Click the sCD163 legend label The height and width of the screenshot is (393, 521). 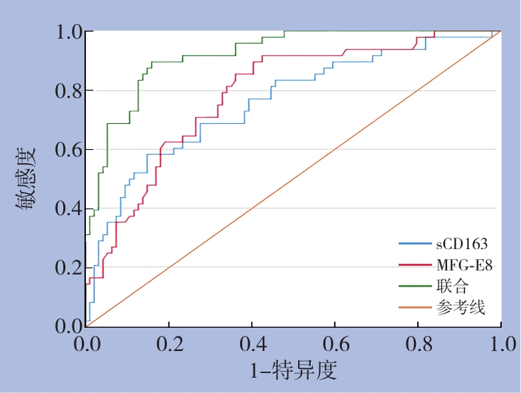tap(462, 244)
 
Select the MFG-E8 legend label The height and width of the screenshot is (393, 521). tap(464, 265)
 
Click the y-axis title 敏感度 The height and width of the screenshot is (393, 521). tap(27, 179)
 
